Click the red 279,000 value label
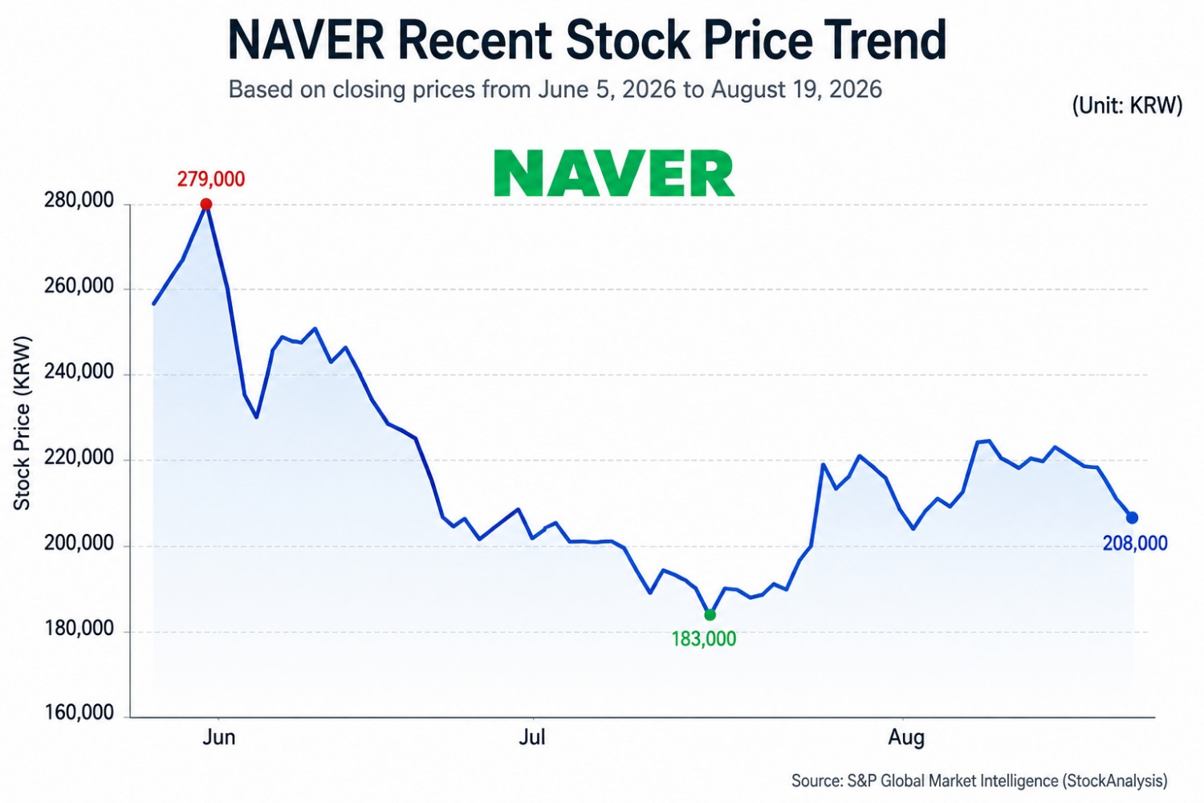pos(210,179)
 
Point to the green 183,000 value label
pos(704,639)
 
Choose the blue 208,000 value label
pos(1135,544)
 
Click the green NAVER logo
pos(614,173)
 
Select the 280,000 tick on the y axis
pos(79,201)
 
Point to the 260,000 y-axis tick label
pos(79,286)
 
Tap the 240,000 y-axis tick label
pos(79,372)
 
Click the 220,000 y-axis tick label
pos(79,458)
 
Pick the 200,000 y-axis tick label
pos(79,543)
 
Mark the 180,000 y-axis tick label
pos(79,629)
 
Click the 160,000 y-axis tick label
pos(79,712)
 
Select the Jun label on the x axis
pos(219,737)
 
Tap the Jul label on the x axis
pos(532,737)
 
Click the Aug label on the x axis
pos(906,738)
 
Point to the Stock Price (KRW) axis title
pos(22,423)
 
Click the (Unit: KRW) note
pos(1127,105)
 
